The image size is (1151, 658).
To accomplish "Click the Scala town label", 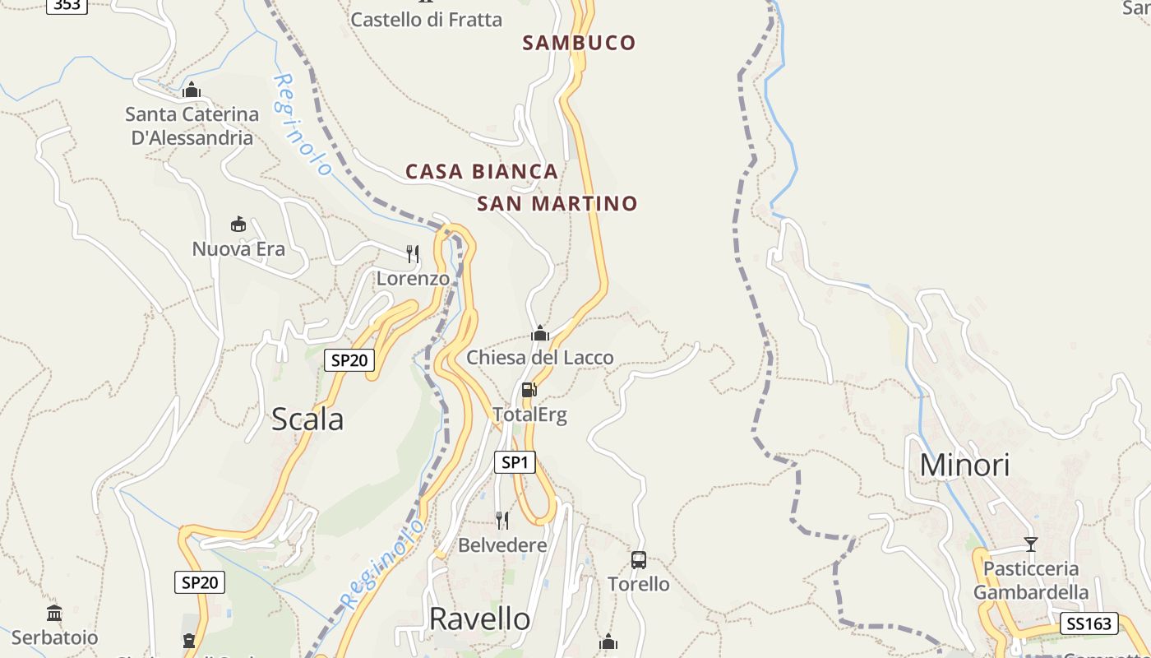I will click(x=307, y=419).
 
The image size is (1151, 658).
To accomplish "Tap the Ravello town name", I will click(x=480, y=619).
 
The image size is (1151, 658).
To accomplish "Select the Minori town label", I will click(x=964, y=466).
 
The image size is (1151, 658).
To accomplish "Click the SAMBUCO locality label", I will click(x=579, y=43).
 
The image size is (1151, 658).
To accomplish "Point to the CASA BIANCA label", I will click(x=482, y=172).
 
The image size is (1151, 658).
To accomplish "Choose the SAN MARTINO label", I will click(x=557, y=203).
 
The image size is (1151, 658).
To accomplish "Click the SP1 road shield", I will click(x=515, y=462).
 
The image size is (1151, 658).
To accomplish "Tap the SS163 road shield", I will click(x=1089, y=623).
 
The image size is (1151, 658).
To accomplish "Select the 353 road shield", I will click(x=67, y=5).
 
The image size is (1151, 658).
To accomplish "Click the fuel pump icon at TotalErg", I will click(x=529, y=390).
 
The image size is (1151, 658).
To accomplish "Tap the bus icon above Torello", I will click(x=639, y=560).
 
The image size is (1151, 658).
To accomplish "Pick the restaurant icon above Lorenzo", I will click(x=413, y=253).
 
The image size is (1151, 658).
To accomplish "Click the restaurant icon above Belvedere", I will click(x=502, y=520).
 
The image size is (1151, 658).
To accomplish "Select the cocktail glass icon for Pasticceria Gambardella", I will click(x=1031, y=544).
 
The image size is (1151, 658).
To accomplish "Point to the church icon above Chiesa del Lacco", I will click(x=540, y=333).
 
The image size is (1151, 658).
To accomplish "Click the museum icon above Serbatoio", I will click(x=54, y=613).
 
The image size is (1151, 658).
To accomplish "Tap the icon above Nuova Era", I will click(x=238, y=224).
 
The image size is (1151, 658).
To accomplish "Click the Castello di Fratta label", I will click(x=426, y=20).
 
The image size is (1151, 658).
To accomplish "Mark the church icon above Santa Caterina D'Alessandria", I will click(x=192, y=89).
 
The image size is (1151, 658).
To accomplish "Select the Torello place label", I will click(x=638, y=584).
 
